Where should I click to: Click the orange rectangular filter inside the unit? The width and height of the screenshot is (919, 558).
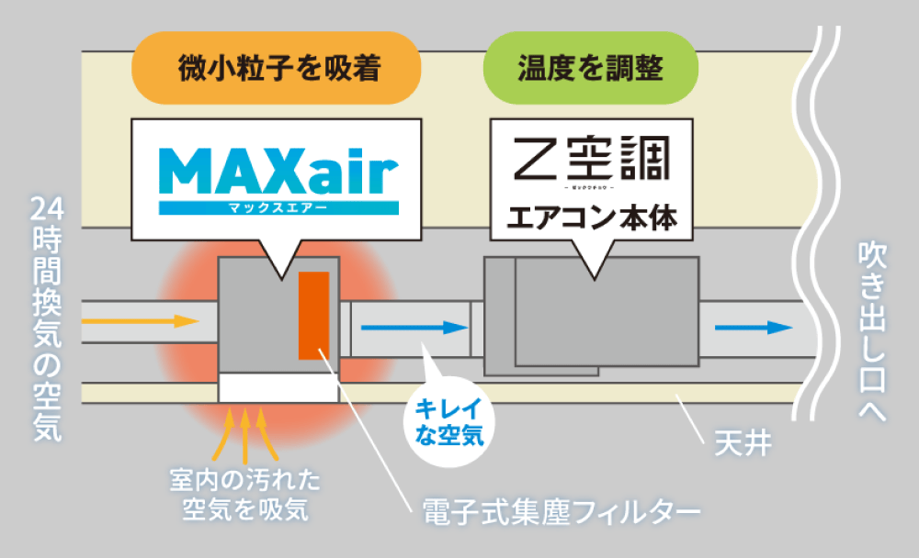[x=313, y=315]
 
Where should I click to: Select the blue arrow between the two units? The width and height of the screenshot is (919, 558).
[x=410, y=327]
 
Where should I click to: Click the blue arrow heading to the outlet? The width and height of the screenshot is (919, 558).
[x=754, y=328]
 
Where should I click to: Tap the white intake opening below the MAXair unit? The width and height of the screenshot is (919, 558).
[x=278, y=387]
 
